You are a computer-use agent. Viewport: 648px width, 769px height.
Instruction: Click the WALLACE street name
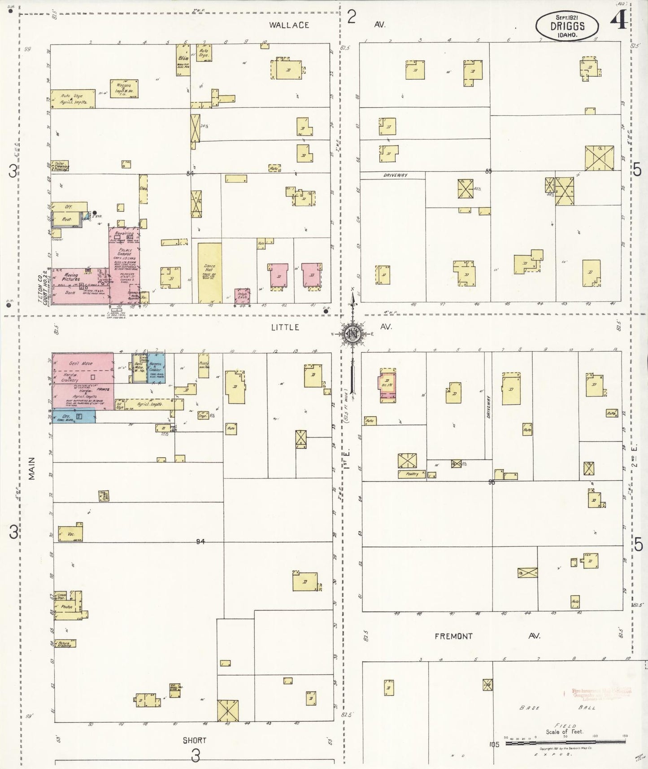289,25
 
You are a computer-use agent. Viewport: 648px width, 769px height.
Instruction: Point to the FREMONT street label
453,636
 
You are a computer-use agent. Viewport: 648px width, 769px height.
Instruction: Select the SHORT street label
194,740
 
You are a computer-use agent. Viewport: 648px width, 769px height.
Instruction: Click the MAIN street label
31,468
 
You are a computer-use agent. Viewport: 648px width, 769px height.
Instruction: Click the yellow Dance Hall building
210,273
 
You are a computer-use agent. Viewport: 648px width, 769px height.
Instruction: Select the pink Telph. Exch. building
242,296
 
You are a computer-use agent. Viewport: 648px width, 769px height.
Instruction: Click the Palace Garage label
125,252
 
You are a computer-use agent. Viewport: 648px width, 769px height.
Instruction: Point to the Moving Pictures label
71,277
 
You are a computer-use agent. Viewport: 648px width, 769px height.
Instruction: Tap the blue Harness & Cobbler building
156,368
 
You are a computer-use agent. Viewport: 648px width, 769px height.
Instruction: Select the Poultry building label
411,474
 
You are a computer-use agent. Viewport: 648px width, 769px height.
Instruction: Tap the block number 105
494,744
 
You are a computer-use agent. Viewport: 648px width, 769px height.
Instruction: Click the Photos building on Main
67,607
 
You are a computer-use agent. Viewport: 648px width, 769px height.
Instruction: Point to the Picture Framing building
65,644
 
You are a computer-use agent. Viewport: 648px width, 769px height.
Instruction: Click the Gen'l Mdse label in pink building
81,363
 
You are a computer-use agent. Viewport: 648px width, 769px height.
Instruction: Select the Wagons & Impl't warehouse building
124,88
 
